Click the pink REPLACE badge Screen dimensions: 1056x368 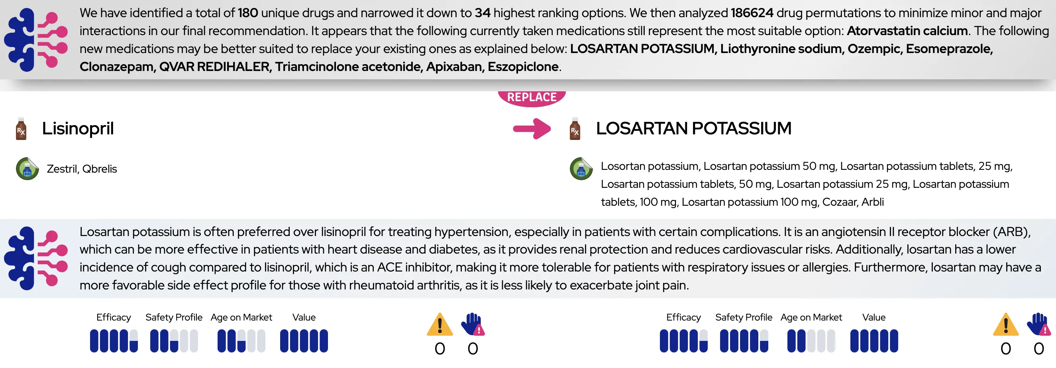[x=532, y=98]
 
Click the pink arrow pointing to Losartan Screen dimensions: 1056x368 [x=532, y=129]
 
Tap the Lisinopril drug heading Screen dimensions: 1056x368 [x=78, y=128]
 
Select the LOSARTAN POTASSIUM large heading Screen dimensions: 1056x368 [x=694, y=128]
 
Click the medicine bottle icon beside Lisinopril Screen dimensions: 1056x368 [x=21, y=129]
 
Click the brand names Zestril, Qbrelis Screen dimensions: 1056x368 [x=82, y=169]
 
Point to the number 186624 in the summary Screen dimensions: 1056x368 [x=752, y=13]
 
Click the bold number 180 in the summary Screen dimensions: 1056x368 [x=248, y=13]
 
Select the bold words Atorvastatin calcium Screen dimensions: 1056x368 [x=907, y=31]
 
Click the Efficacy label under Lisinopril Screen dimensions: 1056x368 [x=114, y=317]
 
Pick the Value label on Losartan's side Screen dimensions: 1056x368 [x=873, y=317]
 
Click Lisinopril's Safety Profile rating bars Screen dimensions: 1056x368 [x=174, y=341]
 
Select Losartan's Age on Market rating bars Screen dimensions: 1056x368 [x=811, y=341]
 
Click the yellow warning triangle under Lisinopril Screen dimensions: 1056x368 [x=440, y=325]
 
